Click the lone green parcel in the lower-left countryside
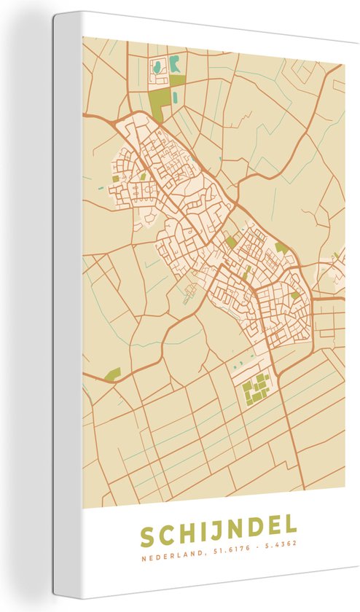coord(112,374)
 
